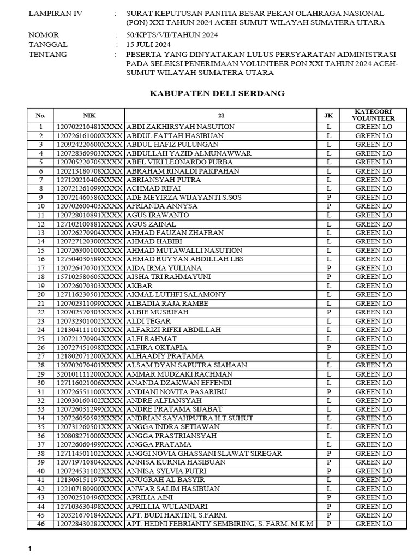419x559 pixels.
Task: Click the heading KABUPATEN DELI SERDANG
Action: pos(217,93)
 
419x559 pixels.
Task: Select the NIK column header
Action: pos(89,115)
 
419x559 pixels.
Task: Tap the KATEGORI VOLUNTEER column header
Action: pos(373,115)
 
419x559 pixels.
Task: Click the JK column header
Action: pos(328,115)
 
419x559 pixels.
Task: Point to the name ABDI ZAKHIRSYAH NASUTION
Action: pos(180,127)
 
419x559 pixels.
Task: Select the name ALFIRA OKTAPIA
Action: pos(157,347)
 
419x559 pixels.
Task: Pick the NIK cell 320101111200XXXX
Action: pos(89,374)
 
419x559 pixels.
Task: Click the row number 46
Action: pos(40,524)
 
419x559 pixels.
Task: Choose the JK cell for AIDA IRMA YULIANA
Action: pos(328,268)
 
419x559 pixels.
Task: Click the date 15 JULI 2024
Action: pos(148,45)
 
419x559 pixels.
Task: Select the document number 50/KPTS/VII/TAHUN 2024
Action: pos(172,35)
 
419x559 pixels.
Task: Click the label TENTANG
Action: pos(47,55)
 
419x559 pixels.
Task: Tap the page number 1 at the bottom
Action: pos(31,549)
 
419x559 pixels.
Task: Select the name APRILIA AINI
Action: pos(149,497)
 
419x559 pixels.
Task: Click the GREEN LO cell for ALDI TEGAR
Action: pos(373,321)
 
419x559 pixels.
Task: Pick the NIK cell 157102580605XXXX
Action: pos(89,277)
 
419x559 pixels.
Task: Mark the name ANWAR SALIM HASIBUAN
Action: pos(173,489)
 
